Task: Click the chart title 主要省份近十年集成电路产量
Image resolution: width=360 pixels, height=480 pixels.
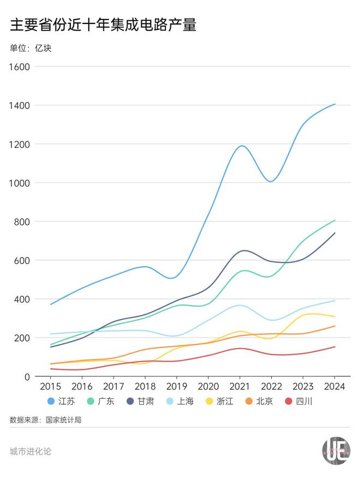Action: (103, 25)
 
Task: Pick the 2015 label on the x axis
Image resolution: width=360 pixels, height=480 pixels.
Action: (50, 387)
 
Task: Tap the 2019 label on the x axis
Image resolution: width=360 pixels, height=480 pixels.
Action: (177, 387)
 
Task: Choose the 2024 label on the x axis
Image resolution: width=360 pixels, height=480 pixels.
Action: (335, 387)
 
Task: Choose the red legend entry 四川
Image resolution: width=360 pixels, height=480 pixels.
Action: (298, 401)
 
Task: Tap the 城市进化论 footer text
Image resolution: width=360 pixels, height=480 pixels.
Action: (31, 452)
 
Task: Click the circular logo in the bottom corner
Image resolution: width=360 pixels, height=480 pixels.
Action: (335, 452)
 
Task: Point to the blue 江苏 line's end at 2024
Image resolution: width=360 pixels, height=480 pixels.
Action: (335, 104)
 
